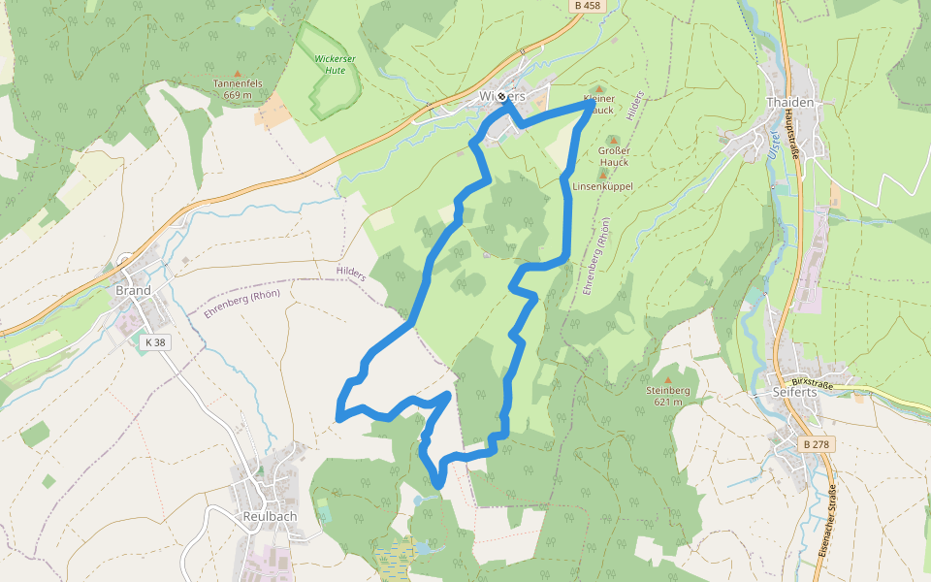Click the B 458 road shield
[x=588, y=6]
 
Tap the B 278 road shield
[x=817, y=443]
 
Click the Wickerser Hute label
[x=329, y=64]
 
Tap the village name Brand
[x=133, y=290]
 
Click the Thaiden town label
[x=788, y=102]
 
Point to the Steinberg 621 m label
[x=667, y=396]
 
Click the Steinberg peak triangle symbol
[x=667, y=380]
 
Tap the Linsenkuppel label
[x=602, y=186]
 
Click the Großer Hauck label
[x=614, y=156]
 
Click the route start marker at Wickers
[x=501, y=97]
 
